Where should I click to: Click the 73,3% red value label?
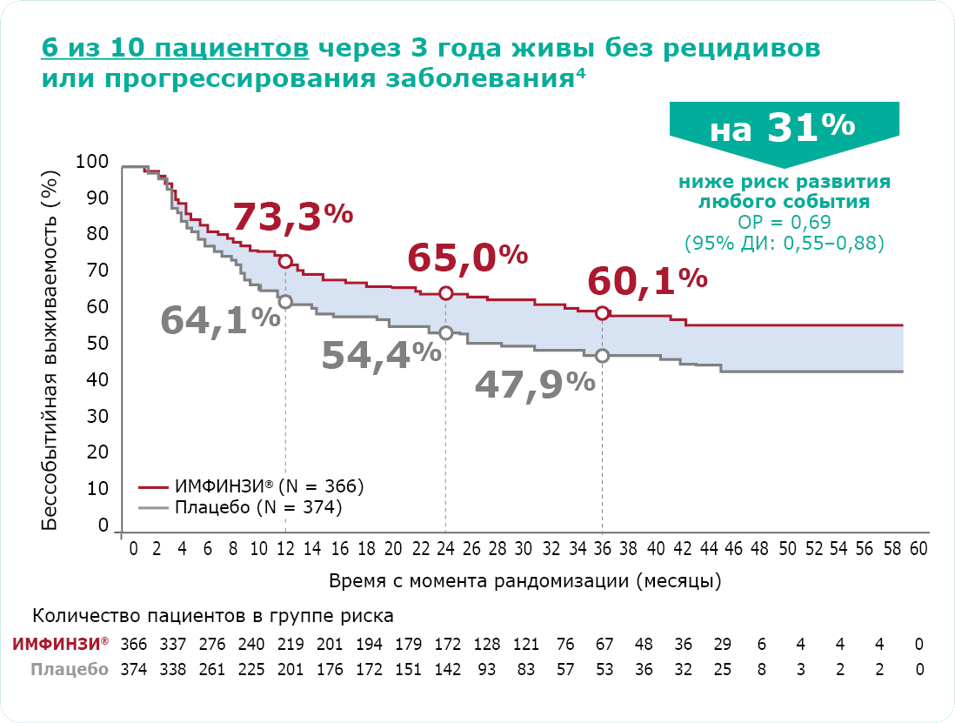point(292,218)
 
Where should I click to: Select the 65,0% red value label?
point(467,258)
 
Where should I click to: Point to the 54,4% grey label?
point(381,355)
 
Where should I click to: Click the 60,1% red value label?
point(646,280)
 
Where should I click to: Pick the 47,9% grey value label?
point(535,384)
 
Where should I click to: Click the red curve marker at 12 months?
point(285,262)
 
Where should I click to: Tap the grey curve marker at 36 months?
point(602,356)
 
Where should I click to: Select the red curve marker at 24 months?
point(445,293)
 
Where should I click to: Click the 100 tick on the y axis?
point(92,162)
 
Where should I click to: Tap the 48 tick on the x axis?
point(759,550)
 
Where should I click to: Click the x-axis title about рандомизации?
point(524,579)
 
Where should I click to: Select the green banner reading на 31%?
point(782,130)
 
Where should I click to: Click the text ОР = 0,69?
point(785,222)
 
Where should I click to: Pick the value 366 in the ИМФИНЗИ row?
point(134,644)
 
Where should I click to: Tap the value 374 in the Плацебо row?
point(134,669)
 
